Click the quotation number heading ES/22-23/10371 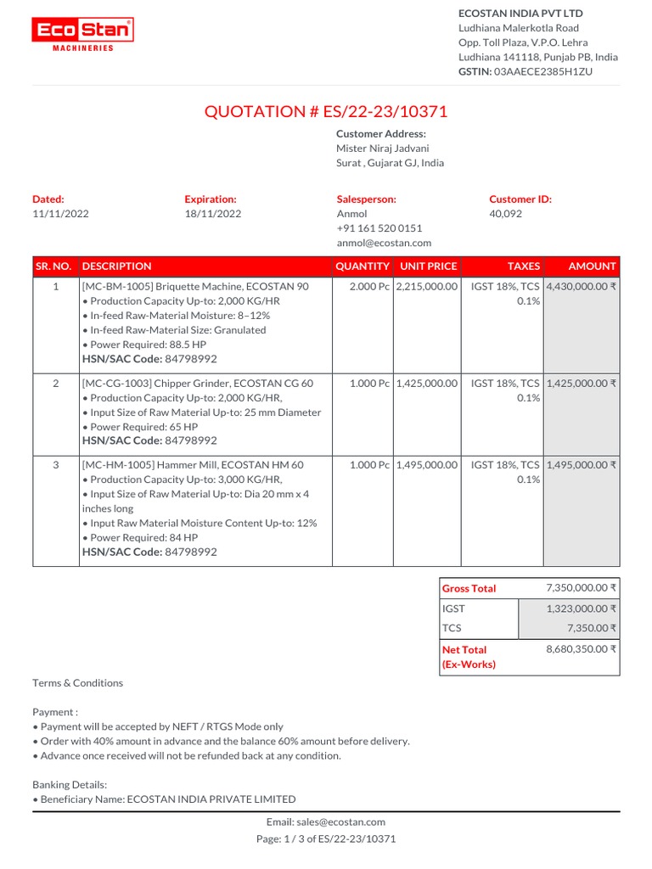pos(326,111)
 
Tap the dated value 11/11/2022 pos(60,214)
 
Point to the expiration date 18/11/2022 pos(212,214)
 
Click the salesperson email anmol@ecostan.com pos(379,243)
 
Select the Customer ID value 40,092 pos(505,214)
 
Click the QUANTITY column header pos(363,266)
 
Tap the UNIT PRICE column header pos(428,266)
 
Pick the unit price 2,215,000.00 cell pos(427,287)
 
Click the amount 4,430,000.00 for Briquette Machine pos(582,287)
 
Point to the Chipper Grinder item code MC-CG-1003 pos(116,384)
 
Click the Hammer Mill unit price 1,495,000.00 pos(427,465)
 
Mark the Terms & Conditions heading pos(77,683)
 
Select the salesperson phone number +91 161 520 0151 pos(379,228)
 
